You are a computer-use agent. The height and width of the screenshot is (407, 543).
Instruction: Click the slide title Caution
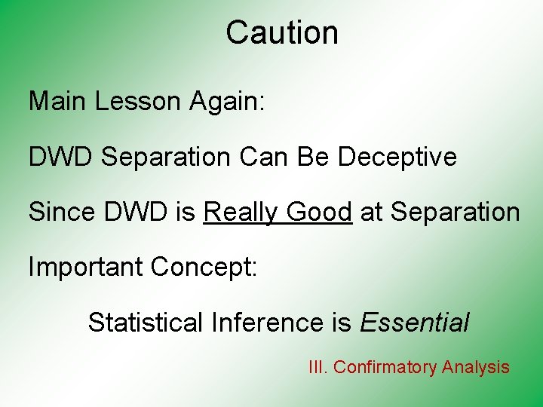282,33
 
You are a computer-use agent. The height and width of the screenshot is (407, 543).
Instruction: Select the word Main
58,101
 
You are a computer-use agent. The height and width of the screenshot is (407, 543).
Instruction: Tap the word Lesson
135,101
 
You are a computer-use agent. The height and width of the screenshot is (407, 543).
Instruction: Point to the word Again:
224,101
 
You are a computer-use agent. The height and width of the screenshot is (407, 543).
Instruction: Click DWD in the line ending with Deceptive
60,157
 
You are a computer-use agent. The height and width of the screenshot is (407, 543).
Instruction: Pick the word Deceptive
397,157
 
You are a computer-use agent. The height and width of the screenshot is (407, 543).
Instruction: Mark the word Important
85,267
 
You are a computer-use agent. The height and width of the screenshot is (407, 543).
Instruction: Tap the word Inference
268,323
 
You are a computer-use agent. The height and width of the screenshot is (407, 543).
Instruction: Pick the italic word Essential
415,323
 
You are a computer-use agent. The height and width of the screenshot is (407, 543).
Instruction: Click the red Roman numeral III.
318,367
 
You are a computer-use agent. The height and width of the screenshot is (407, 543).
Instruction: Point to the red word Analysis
476,367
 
